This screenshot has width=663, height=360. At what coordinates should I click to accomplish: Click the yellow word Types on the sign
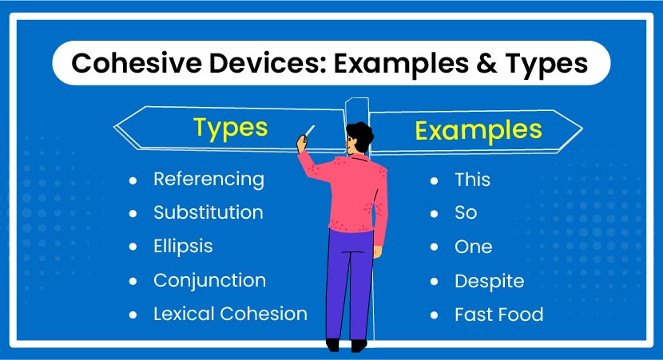tap(230, 128)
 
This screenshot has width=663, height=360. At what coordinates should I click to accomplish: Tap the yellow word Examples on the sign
tap(478, 131)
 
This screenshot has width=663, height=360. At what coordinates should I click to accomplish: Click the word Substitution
tap(208, 212)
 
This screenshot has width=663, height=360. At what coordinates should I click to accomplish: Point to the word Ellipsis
tap(183, 247)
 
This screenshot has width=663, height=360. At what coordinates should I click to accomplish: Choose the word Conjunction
tap(210, 280)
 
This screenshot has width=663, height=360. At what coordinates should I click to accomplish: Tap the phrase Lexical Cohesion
tap(230, 314)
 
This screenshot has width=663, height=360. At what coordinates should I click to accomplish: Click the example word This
tap(472, 180)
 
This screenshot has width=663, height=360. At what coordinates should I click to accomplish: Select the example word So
tap(466, 212)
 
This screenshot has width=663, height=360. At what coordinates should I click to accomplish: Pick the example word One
tap(473, 247)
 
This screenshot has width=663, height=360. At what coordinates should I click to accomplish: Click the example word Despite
tap(489, 282)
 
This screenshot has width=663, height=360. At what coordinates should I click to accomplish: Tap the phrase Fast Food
tap(499, 315)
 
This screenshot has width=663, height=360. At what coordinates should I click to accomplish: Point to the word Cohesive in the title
tap(137, 63)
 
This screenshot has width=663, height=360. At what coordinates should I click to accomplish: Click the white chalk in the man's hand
tap(310, 131)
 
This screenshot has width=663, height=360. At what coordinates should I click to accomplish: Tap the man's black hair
tap(361, 134)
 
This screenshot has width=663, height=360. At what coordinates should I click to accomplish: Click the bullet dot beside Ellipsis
tap(133, 247)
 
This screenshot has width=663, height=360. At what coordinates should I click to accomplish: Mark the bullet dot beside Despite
tap(435, 282)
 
